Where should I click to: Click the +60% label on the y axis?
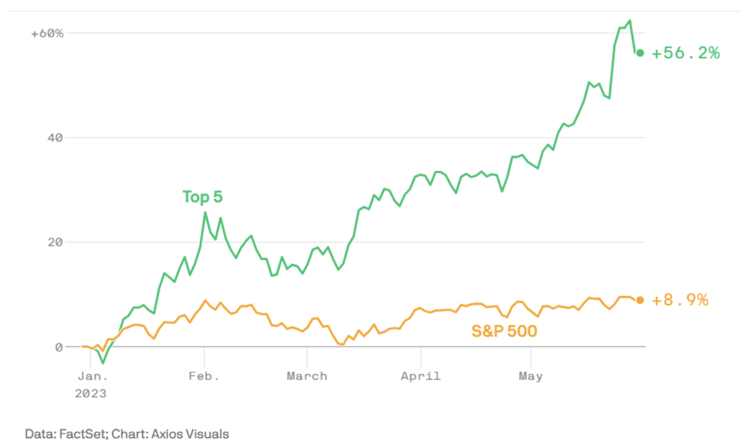[47, 33]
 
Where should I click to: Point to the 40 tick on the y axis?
[55, 138]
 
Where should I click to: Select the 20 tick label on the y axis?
[55, 242]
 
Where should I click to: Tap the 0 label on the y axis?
[58, 347]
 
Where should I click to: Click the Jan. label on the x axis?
[92, 376]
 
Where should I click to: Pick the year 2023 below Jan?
[90, 393]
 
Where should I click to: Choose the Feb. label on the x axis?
[204, 376]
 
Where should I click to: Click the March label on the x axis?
[307, 376]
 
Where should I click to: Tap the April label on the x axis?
[420, 376]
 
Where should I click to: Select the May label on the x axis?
[530, 376]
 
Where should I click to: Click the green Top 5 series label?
[203, 197]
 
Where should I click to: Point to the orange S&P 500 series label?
[504, 331]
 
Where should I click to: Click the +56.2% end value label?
[686, 53]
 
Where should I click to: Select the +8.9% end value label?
[680, 300]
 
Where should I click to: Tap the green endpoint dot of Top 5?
[640, 53]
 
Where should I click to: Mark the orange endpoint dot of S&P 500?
[640, 300]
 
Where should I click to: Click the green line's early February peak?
[205, 213]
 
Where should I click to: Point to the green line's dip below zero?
[103, 362]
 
